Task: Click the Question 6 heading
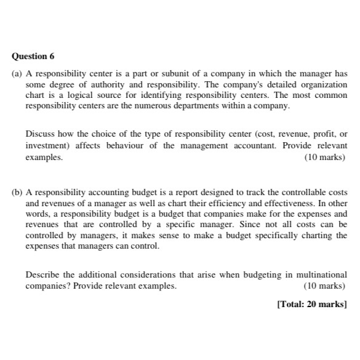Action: (x=33, y=56)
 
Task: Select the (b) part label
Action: (x=17, y=193)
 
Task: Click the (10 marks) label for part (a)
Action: (x=326, y=156)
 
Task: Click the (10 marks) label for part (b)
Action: (x=326, y=286)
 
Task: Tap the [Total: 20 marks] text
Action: (x=312, y=304)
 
